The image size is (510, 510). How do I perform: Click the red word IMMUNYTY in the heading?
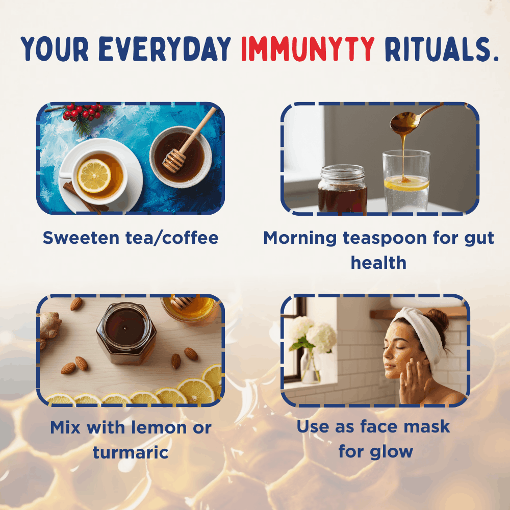pyautogui.click(x=308, y=49)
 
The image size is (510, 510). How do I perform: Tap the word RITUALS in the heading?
pyautogui.click(x=442, y=49)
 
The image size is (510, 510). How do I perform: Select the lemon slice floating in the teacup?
pyautogui.click(x=94, y=175)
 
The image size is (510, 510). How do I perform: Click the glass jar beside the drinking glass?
pyautogui.click(x=343, y=189)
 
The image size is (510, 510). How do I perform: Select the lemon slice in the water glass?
pyautogui.click(x=406, y=183)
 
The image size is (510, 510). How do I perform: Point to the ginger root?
pyautogui.click(x=49, y=327)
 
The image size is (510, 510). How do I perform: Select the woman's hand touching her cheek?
pyautogui.click(x=412, y=380)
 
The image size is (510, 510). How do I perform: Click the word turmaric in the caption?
pyautogui.click(x=131, y=452)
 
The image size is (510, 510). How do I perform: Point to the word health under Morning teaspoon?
pyautogui.click(x=378, y=263)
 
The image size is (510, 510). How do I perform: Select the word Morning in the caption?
pyautogui.click(x=300, y=238)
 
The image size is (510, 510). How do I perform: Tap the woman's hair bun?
pyautogui.click(x=439, y=319)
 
